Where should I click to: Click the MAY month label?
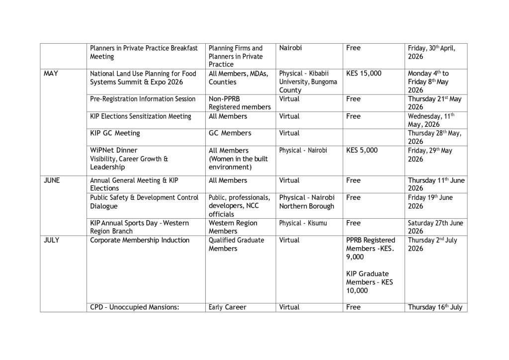[x=51, y=74]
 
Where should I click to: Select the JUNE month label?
[x=52, y=180]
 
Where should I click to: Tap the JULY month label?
[x=52, y=240]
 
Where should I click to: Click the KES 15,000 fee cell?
[x=364, y=74]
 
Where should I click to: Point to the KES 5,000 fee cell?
[x=362, y=150]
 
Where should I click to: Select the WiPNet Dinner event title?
[x=114, y=150]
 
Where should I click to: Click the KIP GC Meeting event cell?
[x=115, y=133]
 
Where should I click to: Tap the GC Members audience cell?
[x=230, y=133]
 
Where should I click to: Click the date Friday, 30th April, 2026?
[x=431, y=52]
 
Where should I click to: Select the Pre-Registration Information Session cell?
[x=143, y=99]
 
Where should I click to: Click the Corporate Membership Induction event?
[x=140, y=240]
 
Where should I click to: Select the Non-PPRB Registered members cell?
[x=240, y=103]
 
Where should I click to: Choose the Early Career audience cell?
[x=228, y=307]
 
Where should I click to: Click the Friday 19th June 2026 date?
[x=430, y=201]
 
